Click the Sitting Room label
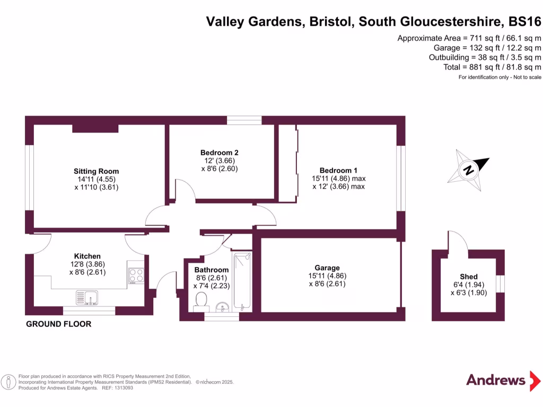click(96, 171)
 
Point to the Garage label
click(327, 268)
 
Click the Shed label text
click(469, 277)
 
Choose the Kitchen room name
click(87, 256)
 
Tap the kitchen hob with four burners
click(136, 276)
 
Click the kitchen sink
click(87, 298)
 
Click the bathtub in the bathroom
click(243, 282)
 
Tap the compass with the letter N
click(469, 170)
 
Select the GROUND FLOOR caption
click(59, 324)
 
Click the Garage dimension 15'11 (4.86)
click(327, 276)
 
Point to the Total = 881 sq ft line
click(492, 67)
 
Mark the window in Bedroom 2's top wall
click(244, 120)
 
